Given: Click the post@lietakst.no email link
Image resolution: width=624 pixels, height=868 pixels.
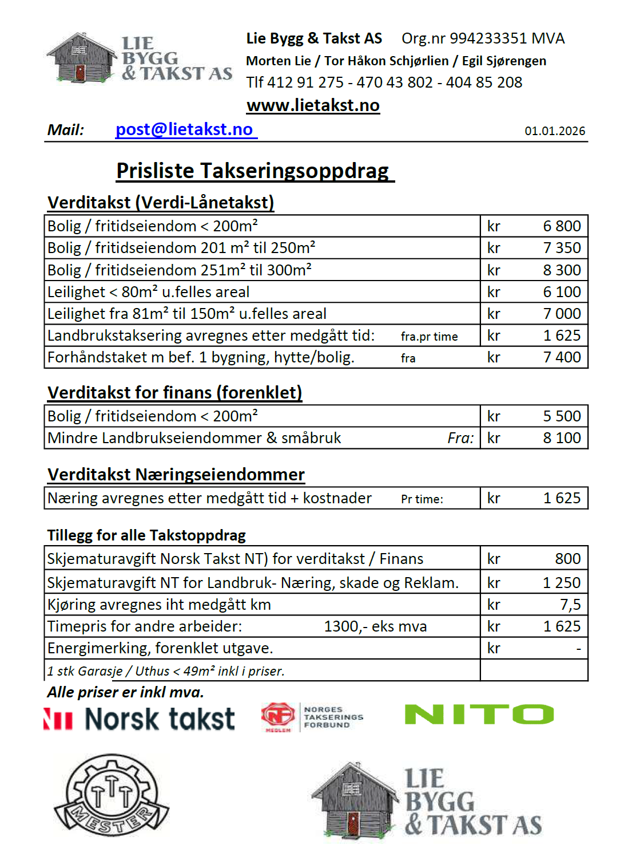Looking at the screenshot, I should pyautogui.click(x=184, y=129).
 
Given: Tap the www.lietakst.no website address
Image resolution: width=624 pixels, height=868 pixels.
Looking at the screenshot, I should pyautogui.click(x=313, y=105).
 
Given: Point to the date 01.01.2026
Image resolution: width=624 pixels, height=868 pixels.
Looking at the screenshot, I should pyautogui.click(x=555, y=131).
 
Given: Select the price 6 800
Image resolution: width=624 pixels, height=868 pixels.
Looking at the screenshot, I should pyautogui.click(x=562, y=226).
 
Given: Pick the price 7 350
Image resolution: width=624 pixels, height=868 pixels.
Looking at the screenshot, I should pyautogui.click(x=562, y=248).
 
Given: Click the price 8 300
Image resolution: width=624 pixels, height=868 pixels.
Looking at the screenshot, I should pyautogui.click(x=562, y=270).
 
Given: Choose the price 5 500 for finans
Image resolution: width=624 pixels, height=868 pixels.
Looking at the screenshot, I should pyautogui.click(x=562, y=416).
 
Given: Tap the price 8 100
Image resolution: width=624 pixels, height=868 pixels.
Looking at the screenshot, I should pyautogui.click(x=562, y=438).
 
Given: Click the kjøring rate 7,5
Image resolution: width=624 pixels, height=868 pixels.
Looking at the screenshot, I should pyautogui.click(x=570, y=605).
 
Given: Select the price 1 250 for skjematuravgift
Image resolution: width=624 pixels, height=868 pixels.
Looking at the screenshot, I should pyautogui.click(x=562, y=583).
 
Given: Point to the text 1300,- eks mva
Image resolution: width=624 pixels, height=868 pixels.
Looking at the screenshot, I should pyautogui.click(x=375, y=626).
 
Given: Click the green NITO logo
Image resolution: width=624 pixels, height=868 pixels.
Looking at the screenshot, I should pyautogui.click(x=479, y=715).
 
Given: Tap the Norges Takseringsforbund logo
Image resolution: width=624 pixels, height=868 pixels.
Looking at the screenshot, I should pyautogui.click(x=312, y=717).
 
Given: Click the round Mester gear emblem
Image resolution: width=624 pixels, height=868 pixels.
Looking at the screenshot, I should pyautogui.click(x=112, y=795).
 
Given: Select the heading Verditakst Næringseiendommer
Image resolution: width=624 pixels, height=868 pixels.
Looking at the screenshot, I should pyautogui.click(x=176, y=475).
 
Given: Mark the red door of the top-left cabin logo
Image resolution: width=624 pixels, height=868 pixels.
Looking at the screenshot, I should pyautogui.click(x=80, y=73).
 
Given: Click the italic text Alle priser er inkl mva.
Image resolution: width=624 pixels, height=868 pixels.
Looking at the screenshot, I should pyautogui.click(x=125, y=692).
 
